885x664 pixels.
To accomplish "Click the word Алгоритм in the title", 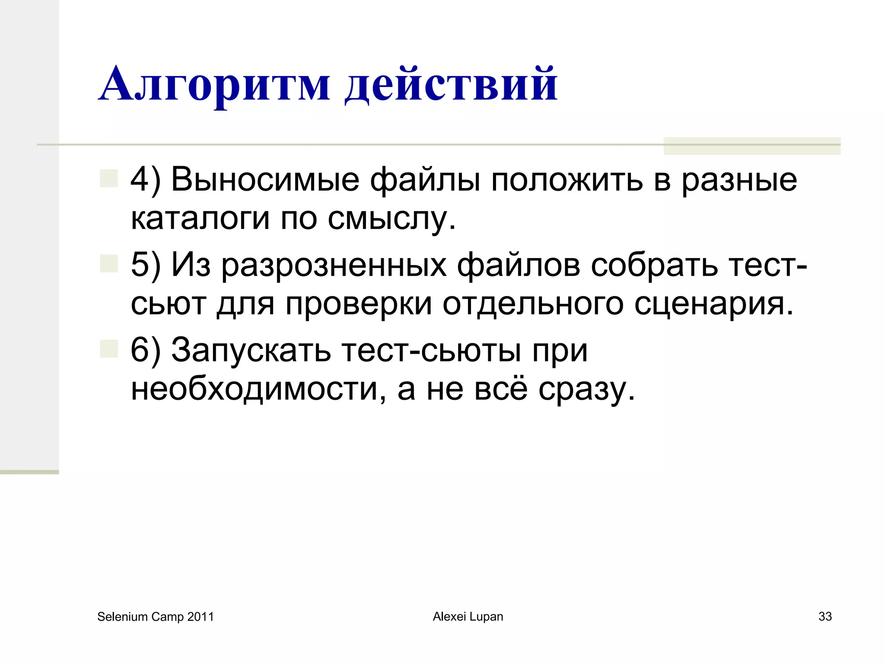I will [x=214, y=84].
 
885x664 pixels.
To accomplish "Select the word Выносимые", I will [x=265, y=179].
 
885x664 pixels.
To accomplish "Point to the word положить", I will [x=567, y=179].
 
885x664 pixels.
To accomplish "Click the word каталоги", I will [x=200, y=218].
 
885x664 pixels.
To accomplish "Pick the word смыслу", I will [x=391, y=219].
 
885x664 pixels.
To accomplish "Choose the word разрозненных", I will [x=334, y=265].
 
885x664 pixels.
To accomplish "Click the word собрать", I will [x=654, y=264].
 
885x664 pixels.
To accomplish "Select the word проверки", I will [x=359, y=304].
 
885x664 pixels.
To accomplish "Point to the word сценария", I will [x=713, y=304].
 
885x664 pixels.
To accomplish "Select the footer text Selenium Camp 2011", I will [x=156, y=616].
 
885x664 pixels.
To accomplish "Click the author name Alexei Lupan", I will [x=468, y=616].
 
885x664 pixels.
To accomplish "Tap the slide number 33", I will [x=825, y=616].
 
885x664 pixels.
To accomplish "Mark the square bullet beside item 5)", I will [x=109, y=263].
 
